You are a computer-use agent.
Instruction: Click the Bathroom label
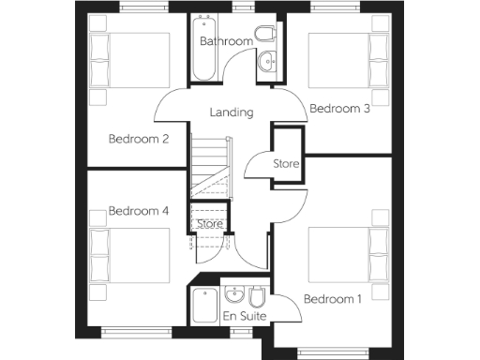tap(226, 41)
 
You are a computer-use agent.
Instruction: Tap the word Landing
tap(232, 112)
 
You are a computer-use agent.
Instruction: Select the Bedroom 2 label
tap(138, 140)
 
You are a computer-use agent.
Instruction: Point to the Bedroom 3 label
tap(339, 109)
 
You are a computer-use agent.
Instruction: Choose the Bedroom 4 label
tap(138, 211)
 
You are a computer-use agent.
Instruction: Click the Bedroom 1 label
tap(332, 299)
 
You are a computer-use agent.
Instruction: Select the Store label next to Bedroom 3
tap(286, 164)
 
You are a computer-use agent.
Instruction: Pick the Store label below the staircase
tap(209, 224)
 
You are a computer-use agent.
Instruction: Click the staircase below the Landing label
tap(210, 164)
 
